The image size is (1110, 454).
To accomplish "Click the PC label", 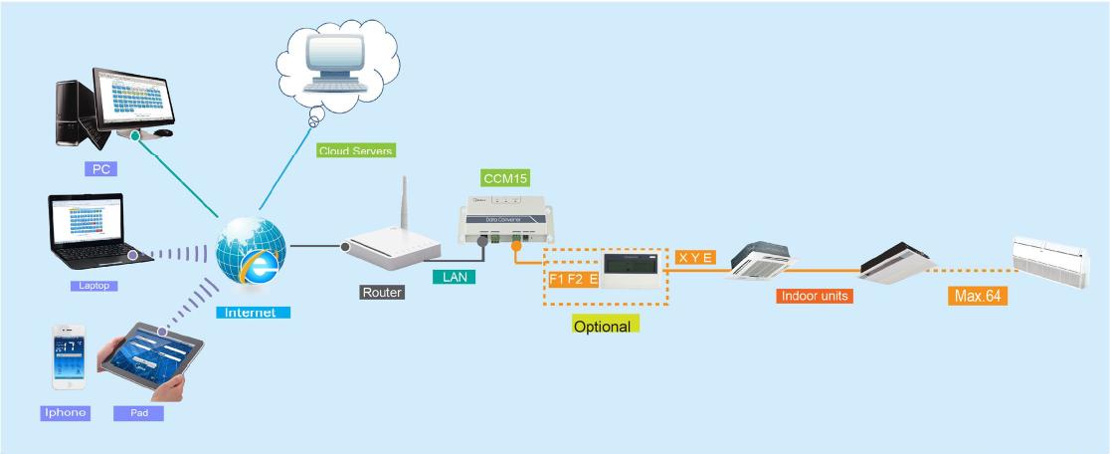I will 101,169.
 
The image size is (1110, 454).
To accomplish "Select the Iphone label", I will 65,412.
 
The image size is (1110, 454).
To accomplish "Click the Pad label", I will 139,412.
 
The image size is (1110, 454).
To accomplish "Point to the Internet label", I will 253,313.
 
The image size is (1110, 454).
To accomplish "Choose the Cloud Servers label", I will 356,151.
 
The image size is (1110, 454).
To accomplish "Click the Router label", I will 382,293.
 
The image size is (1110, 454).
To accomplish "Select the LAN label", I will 454,278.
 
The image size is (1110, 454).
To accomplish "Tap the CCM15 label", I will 505,179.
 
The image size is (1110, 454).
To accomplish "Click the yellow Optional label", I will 605,325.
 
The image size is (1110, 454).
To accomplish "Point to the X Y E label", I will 695,258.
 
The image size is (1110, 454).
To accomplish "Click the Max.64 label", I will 977,296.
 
